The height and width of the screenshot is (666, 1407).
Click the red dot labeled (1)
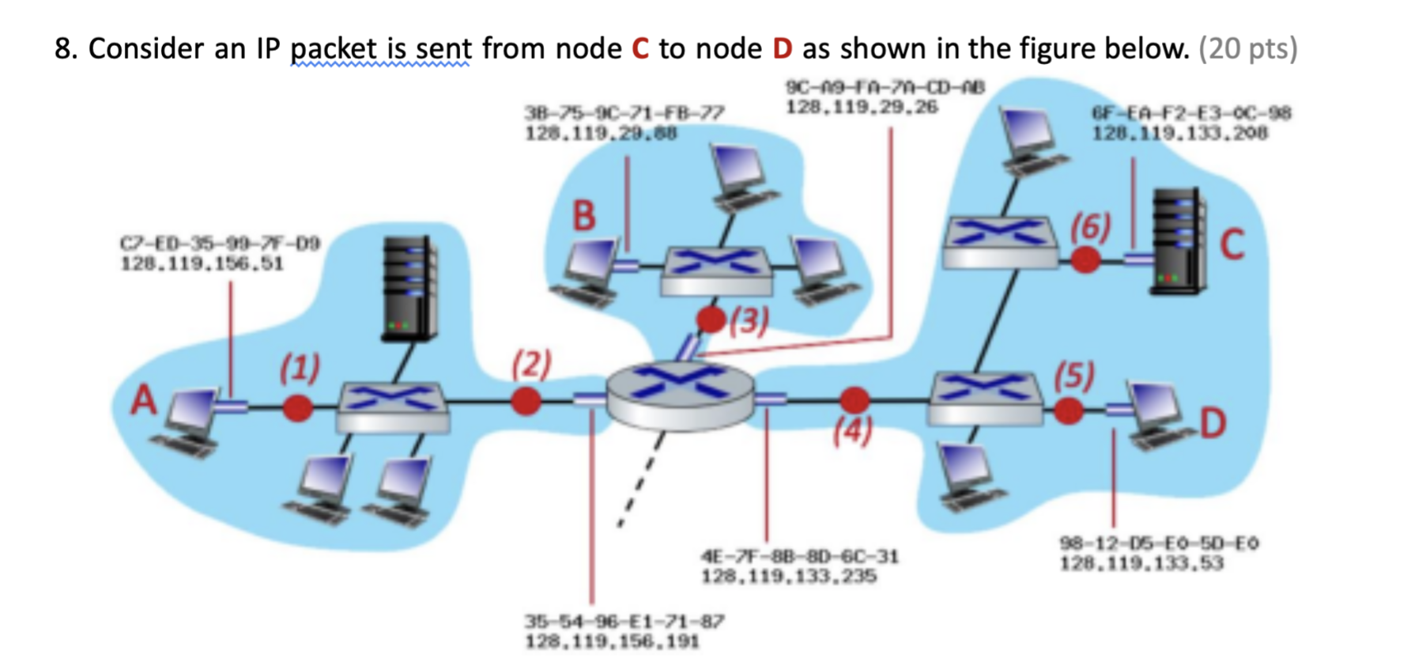click(x=298, y=407)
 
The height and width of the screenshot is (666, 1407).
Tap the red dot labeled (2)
click(x=526, y=401)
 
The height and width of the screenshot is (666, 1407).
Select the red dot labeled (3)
click(x=711, y=320)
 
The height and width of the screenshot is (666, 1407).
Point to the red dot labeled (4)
click(x=854, y=400)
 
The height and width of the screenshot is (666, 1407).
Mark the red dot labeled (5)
click(x=1068, y=411)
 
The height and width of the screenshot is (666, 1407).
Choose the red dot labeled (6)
click(x=1085, y=259)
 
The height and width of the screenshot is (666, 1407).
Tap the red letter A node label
click(x=143, y=400)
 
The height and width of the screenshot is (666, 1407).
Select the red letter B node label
click(x=583, y=216)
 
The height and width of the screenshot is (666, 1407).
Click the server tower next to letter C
click(x=1177, y=241)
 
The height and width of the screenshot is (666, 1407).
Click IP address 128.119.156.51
click(x=202, y=263)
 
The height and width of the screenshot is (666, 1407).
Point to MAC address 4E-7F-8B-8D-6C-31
click(x=799, y=556)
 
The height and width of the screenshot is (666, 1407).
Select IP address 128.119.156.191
click(x=613, y=641)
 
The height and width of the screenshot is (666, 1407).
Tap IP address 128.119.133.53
click(x=1141, y=564)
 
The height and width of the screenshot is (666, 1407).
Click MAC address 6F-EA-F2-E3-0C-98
click(x=1191, y=114)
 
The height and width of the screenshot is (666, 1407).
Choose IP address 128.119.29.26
click(x=862, y=107)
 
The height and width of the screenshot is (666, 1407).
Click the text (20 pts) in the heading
click(x=1248, y=49)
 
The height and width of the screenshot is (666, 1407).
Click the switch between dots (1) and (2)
click(x=392, y=406)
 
